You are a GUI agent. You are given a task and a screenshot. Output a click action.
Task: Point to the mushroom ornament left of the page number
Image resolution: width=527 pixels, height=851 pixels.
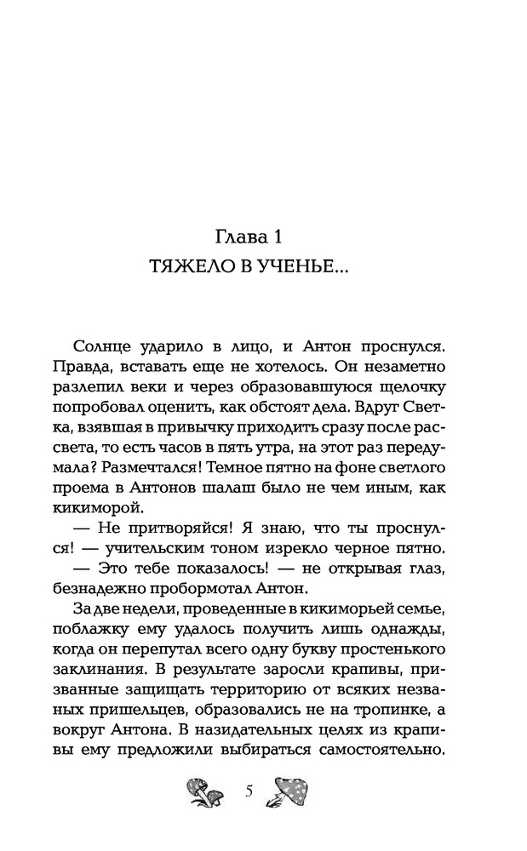[204, 793]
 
